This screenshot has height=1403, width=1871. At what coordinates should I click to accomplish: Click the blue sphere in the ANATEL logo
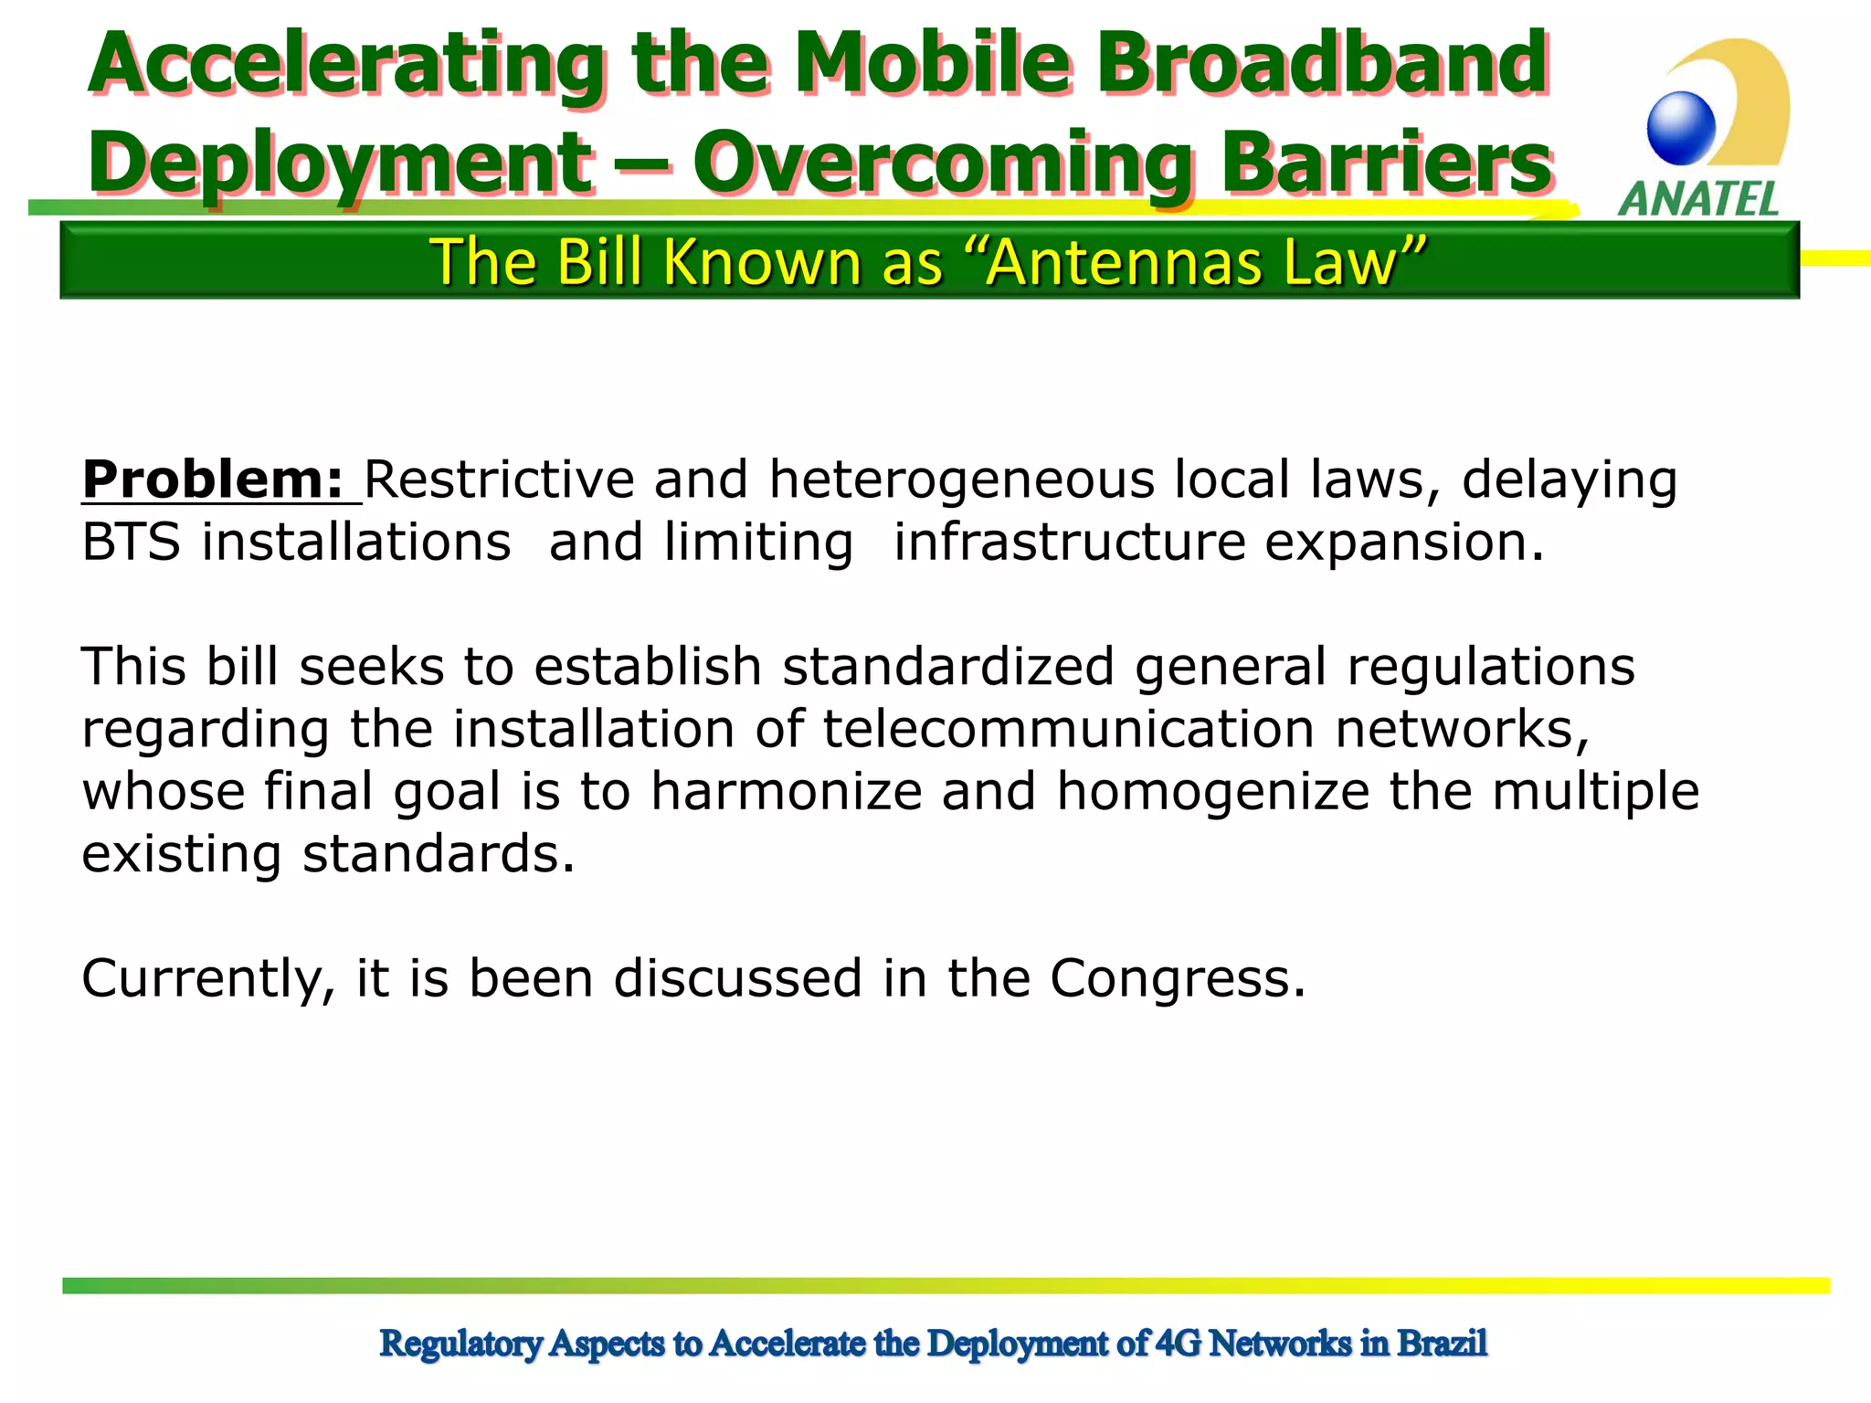pyautogui.click(x=1681, y=129)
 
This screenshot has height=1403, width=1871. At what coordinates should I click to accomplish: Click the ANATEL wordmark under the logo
pyautogui.click(x=1699, y=198)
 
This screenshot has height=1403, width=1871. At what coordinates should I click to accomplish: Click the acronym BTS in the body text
pyautogui.click(x=131, y=543)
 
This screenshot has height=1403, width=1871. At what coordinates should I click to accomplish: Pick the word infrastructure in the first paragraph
pyautogui.click(x=1069, y=543)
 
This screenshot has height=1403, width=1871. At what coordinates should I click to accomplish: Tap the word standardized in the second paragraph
pyautogui.click(x=947, y=666)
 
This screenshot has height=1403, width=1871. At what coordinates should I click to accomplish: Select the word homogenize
pyautogui.click(x=1212, y=791)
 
